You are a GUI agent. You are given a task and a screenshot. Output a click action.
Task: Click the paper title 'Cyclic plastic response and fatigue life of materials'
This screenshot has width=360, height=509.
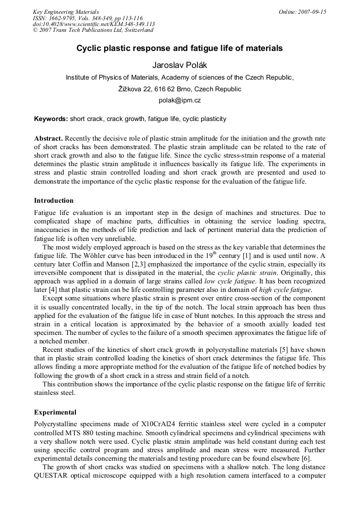pos(179,48)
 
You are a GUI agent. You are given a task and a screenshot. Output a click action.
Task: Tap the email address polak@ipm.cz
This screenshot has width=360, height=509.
pos(179,100)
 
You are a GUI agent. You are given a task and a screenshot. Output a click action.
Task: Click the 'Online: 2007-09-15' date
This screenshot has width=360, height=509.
pos(302,12)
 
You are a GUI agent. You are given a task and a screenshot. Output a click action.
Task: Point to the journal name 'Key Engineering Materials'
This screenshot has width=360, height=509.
pos(66,12)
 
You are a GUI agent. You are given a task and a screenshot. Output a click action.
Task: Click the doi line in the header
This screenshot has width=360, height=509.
pos(93,24)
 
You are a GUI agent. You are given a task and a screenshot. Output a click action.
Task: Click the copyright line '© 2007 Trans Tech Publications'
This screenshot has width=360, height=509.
pos(93,30)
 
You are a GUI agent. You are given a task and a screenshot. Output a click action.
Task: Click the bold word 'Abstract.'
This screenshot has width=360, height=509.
pos(49,138)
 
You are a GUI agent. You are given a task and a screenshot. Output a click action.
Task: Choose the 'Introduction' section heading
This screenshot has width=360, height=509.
pos(54,201)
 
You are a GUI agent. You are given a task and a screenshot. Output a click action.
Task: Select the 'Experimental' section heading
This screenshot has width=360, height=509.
pos(55,412)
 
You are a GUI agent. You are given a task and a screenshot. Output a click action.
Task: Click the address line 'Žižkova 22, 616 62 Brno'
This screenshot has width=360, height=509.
pos(179,89)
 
